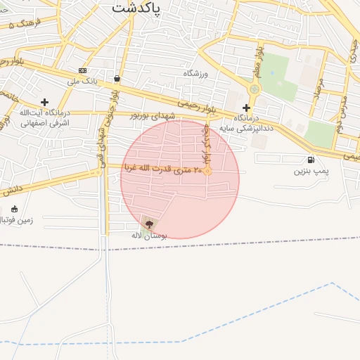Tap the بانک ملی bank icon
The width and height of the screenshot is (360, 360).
(x=82, y=71)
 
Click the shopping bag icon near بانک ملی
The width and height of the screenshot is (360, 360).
(x=116, y=79)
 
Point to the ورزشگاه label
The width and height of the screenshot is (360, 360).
(x=198, y=74)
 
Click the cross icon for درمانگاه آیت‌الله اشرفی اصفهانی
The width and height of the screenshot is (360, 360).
(x=44, y=102)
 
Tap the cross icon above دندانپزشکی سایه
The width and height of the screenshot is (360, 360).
(x=246, y=108)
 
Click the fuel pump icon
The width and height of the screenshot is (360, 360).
(x=311, y=160)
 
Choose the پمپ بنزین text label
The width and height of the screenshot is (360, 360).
(x=311, y=171)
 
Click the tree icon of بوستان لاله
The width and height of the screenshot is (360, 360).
(x=148, y=223)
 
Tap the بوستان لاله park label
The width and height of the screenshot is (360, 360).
(x=148, y=235)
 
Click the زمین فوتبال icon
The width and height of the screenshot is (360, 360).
(x=15, y=209)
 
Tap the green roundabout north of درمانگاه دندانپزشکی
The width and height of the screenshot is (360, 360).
(x=255, y=89)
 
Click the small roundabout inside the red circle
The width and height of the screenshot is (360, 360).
(x=208, y=171)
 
